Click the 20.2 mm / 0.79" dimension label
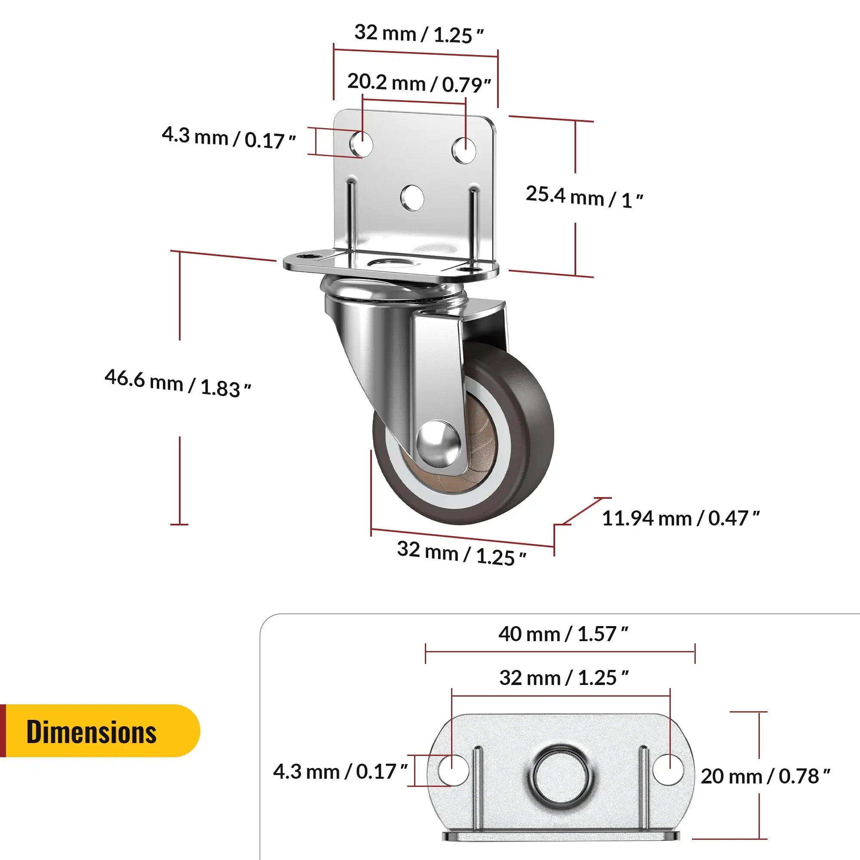click(418, 83)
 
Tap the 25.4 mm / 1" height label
click(584, 197)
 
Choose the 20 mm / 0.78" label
click(765, 776)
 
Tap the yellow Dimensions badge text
click(91, 732)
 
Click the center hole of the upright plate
click(412, 198)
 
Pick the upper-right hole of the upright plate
click(464, 150)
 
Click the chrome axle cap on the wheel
click(438, 444)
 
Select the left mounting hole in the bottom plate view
click(453, 771)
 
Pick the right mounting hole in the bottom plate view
click(668, 770)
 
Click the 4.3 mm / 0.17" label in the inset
click(340, 771)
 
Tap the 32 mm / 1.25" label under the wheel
click(461, 553)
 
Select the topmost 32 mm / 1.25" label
click(418, 34)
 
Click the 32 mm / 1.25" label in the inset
click(564, 678)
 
